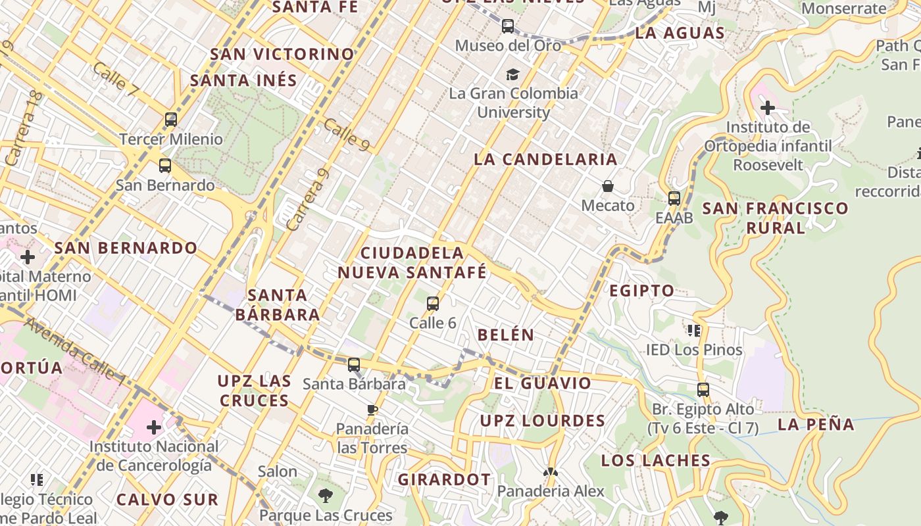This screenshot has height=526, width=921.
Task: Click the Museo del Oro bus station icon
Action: point(508,26)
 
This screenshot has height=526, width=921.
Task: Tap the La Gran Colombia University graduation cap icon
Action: point(512,75)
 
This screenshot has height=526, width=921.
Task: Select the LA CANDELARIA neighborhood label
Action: point(545,159)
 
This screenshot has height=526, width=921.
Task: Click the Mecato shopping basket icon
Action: point(608,187)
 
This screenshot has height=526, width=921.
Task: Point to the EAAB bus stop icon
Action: point(674,198)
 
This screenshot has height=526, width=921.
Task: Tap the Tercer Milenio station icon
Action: point(171,120)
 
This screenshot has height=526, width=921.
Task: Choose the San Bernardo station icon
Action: point(165,166)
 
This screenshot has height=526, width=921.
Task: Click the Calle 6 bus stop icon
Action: point(433,304)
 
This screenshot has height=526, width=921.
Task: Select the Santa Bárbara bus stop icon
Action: point(354,364)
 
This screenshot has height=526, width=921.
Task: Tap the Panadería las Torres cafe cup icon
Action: point(372,410)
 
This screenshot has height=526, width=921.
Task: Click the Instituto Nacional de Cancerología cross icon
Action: point(154,427)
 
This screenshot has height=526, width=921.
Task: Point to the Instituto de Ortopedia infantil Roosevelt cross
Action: point(768,107)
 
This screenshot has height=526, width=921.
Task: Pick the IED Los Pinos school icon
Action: point(694,330)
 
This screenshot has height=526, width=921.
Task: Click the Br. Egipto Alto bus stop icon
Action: point(703,390)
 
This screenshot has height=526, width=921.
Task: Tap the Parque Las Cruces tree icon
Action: point(325,496)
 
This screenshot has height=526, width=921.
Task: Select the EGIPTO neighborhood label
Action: point(641,291)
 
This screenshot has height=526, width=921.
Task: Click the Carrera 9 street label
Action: point(309,199)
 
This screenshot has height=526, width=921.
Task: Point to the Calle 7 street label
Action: point(115,80)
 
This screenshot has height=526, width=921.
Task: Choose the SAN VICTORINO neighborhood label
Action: point(282,54)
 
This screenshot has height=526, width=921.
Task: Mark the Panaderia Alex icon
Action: point(550,472)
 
